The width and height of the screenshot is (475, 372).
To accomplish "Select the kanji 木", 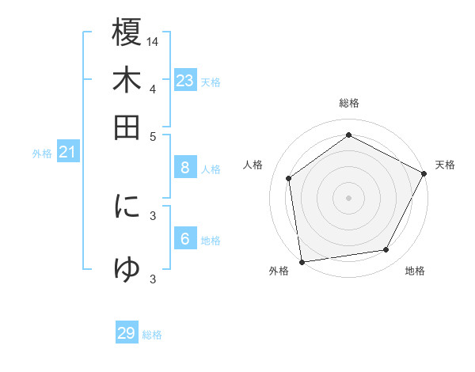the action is pyautogui.click(x=127, y=80).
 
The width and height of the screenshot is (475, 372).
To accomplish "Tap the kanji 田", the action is pyautogui.click(x=127, y=127).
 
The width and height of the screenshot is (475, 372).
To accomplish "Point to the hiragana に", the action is pyautogui.click(x=127, y=207).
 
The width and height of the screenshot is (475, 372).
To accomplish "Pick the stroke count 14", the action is pyautogui.click(x=153, y=41).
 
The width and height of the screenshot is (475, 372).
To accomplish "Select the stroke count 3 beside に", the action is pyautogui.click(x=153, y=214).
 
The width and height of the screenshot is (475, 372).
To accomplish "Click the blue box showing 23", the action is pyautogui.click(x=184, y=81).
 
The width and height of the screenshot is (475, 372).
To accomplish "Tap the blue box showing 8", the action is pyautogui.click(x=184, y=167).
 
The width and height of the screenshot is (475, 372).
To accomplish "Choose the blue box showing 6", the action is pyautogui.click(x=184, y=239).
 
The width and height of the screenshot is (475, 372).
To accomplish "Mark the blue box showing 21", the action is pyautogui.click(x=67, y=152).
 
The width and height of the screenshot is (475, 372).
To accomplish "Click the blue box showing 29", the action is pyautogui.click(x=127, y=333).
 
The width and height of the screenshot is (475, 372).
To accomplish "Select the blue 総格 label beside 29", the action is pyautogui.click(x=152, y=335).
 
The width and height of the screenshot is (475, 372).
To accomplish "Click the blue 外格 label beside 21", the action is pyautogui.click(x=42, y=154).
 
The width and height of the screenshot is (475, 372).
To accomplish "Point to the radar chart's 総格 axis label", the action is pyautogui.click(x=349, y=103).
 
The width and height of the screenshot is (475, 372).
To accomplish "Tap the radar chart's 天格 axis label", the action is pyautogui.click(x=445, y=165).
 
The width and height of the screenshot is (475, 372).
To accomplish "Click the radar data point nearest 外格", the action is pyautogui.click(x=301, y=261).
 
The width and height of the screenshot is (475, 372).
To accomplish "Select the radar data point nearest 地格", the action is pyautogui.click(x=386, y=250).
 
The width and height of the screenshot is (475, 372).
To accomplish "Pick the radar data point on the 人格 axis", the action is pyautogui.click(x=289, y=178).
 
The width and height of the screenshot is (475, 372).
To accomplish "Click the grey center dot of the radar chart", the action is pyautogui.click(x=348, y=197).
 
